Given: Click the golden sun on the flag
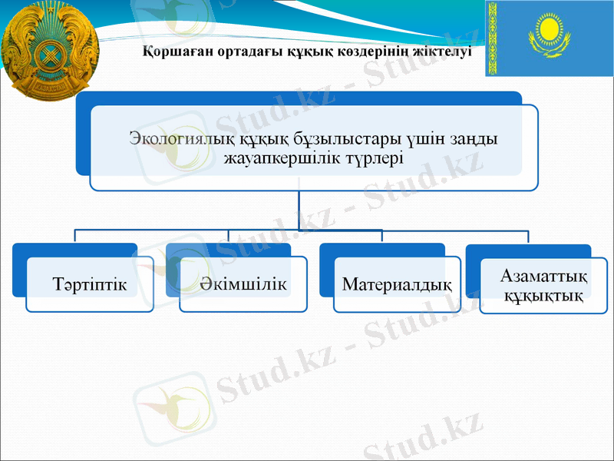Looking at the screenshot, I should coord(549,32).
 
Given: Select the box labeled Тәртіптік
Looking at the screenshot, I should coord(90,284).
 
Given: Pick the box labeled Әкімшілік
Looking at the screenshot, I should coord(243,284).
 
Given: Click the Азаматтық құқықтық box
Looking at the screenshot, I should coord(543,285).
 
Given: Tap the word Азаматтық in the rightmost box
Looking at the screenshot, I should coord(543,276).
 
